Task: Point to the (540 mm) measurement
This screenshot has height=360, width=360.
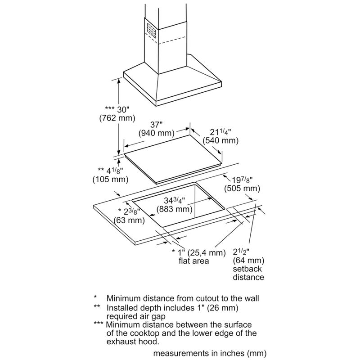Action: tap(220, 141)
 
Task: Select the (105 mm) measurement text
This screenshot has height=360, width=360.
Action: tap(112, 180)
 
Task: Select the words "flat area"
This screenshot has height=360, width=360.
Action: tap(193, 261)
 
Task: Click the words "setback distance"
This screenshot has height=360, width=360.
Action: tap(248, 273)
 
